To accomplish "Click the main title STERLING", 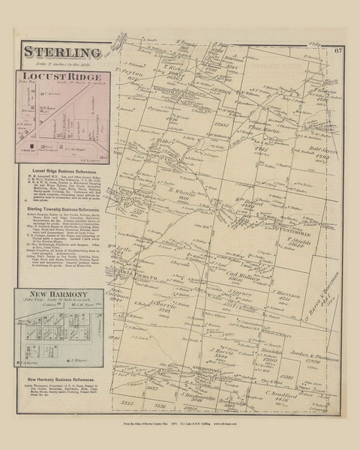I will [x=64, y=52].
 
